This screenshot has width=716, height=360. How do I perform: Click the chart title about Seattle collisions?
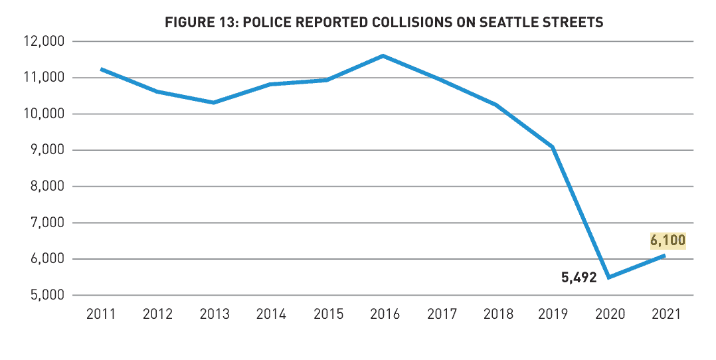384,23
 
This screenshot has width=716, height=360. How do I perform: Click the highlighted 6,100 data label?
668,240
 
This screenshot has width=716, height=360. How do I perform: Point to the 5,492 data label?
579,277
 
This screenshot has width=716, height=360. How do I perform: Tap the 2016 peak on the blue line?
383,56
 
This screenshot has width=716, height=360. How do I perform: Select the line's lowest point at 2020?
609,277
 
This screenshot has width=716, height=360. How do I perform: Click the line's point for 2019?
553,147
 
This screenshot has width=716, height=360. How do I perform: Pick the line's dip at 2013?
213,102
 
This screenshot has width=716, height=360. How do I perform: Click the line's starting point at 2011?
101,69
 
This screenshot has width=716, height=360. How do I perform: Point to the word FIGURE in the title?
189,23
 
